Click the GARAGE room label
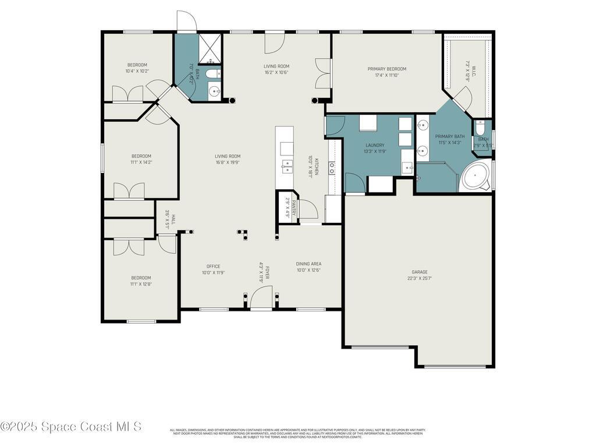click(420, 272)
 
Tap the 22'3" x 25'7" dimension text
click(420, 278)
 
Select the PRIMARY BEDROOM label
click(386, 69)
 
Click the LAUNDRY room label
click(375, 145)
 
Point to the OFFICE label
click(213, 266)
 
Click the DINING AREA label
click(308, 264)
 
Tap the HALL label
click(173, 219)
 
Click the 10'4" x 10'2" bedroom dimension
click(137, 71)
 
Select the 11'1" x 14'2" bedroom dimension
click(141, 162)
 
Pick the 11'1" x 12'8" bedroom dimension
click(141, 285)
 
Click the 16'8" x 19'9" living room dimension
click(227, 162)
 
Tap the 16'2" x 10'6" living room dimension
click(276, 73)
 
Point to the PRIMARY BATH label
click(450, 136)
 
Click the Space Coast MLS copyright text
click(71, 427)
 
